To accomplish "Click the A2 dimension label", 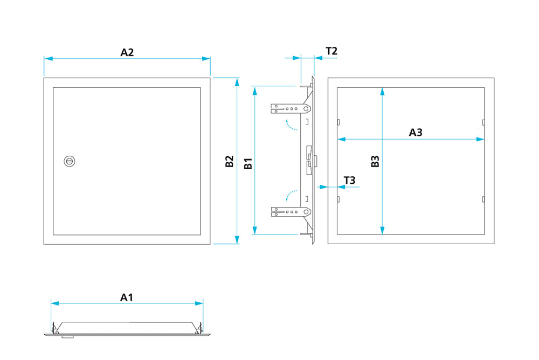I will (127, 52).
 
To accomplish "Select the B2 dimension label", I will (230, 161).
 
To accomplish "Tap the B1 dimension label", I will (248, 164).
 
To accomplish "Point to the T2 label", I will (331, 51).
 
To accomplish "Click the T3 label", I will (349, 180).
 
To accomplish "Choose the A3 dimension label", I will (415, 132).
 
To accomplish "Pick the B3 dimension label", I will (376, 161).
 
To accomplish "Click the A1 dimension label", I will (127, 297).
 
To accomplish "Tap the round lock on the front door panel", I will (69, 161).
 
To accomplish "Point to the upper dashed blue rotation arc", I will (292, 126).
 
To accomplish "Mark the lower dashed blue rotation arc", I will (292, 194).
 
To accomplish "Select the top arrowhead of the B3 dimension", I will (382, 91).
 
